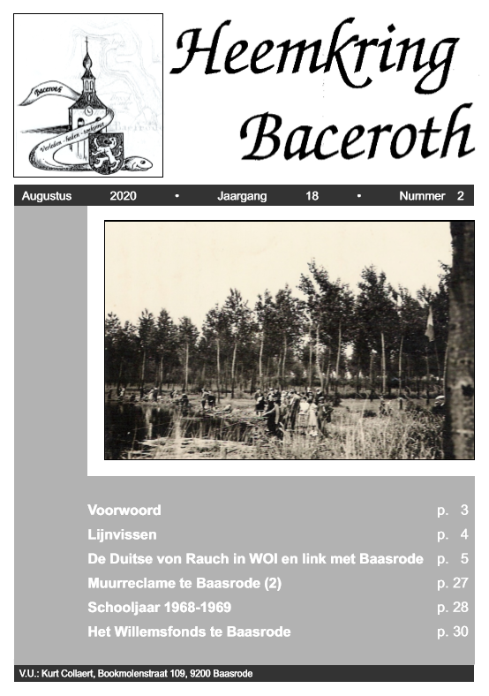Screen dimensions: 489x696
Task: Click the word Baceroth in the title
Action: (357, 135)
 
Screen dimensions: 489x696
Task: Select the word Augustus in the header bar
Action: (46, 196)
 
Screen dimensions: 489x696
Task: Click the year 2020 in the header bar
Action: (123, 196)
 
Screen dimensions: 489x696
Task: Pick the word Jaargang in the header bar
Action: (242, 196)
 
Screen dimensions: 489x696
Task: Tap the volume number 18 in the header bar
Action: (312, 196)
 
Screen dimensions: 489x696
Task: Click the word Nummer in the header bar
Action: (422, 196)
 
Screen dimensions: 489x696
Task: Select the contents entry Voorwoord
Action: (124, 510)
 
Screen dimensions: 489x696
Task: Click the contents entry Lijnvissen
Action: (122, 534)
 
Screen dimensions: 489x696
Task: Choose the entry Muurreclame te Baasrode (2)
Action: (184, 583)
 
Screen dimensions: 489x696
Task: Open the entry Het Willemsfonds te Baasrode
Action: (189, 632)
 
